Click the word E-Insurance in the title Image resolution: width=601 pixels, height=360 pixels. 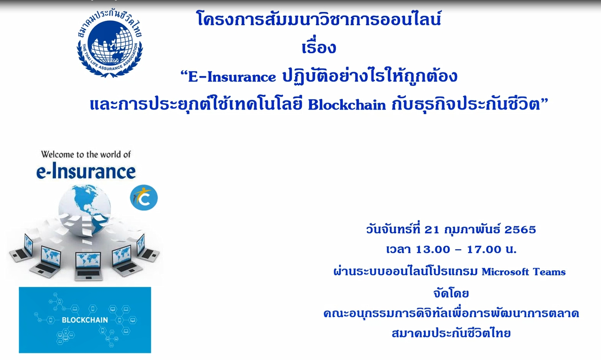click(x=232, y=77)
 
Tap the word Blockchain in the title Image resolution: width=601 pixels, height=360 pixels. click(x=347, y=105)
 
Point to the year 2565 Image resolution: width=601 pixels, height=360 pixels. click(x=520, y=230)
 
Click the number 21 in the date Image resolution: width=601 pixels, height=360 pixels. click(x=432, y=230)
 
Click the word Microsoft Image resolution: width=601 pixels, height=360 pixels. click(x=505, y=272)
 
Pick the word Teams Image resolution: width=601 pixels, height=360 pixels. click(x=549, y=272)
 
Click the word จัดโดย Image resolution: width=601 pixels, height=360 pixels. click(x=451, y=293)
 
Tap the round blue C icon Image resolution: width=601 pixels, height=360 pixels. click(x=144, y=198)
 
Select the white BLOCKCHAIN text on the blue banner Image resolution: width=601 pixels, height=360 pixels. click(x=85, y=320)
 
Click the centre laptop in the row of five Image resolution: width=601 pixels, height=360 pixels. click(x=88, y=267)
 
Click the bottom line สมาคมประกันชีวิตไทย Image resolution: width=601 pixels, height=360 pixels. click(x=451, y=333)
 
